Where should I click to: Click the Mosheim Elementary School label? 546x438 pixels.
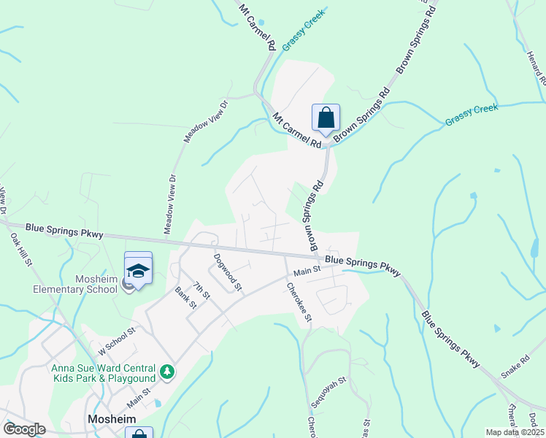(x=96, y=284)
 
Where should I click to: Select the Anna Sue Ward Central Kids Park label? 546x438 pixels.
(x=103, y=372)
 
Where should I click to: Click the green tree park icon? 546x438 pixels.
(x=168, y=372)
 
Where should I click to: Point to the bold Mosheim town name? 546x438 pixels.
(x=110, y=419)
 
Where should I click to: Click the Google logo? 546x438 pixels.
(x=24, y=429)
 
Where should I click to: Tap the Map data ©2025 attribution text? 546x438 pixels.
(x=514, y=432)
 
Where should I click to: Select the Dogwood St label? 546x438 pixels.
(x=227, y=272)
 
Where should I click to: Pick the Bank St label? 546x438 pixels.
(x=185, y=298)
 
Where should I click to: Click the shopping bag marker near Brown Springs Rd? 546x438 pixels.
(x=326, y=118)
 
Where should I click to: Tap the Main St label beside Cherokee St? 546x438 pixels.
(x=307, y=272)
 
